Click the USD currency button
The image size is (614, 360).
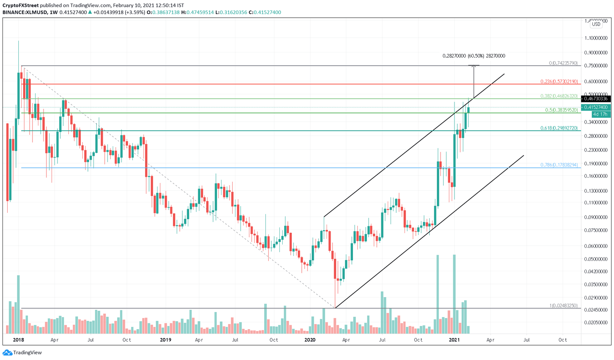pyautogui.click(x=596, y=24)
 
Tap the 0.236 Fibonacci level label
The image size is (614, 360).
pyautogui.click(x=559, y=82)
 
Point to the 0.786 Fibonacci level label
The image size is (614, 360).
pyautogui.click(x=559, y=165)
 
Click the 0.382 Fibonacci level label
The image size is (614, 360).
pyautogui.click(x=559, y=96)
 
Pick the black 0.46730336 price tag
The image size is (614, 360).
pyautogui.click(x=596, y=99)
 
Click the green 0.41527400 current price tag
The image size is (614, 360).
pyautogui.click(x=596, y=107)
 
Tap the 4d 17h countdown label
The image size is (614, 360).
pyautogui.click(x=600, y=114)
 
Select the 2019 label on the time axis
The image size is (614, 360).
pyautogui.click(x=165, y=340)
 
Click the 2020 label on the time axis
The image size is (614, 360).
pyautogui.click(x=310, y=340)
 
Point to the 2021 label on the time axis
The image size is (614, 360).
pyautogui.click(x=454, y=340)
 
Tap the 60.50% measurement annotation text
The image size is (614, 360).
pyautogui.click(x=474, y=56)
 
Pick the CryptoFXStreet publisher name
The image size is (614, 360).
pyautogui.click(x=20, y=6)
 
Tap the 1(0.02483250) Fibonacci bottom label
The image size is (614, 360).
pyautogui.click(x=563, y=306)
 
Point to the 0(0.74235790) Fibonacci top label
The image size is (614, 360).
pyautogui.click(x=563, y=63)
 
